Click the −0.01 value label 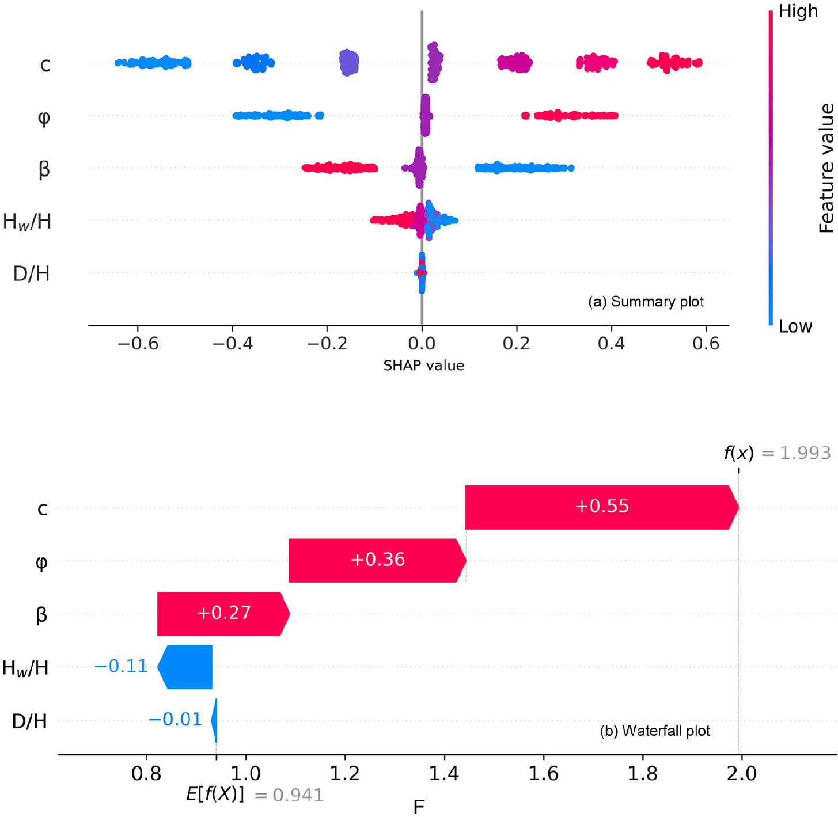pos(175,720)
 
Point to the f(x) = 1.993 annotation pos(777,453)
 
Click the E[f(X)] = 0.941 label pos(255,795)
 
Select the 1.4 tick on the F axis pos(443,772)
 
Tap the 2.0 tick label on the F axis pos(741,772)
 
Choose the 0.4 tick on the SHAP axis pos(611,344)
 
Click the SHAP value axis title pos(424,366)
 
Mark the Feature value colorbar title pos(826,168)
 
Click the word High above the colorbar pos(798,12)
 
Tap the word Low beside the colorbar pos(795,326)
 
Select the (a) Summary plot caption pos(646,302)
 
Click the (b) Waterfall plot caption pos(655,731)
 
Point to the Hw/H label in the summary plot pos(27,221)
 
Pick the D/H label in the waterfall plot pos(29,721)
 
